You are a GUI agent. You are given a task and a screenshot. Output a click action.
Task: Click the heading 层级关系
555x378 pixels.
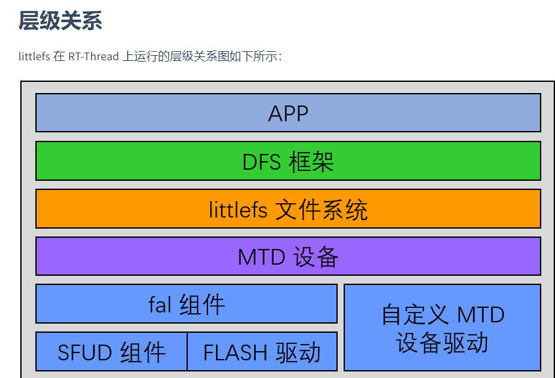pyautogui.click(x=60, y=20)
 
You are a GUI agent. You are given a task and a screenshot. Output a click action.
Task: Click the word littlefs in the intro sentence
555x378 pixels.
pyautogui.click(x=34, y=56)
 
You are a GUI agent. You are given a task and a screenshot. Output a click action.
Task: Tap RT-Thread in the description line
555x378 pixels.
pyautogui.click(x=94, y=56)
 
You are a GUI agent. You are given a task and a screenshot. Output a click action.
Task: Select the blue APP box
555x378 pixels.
pyautogui.click(x=288, y=113)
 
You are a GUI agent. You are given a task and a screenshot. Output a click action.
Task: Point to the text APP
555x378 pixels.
pyautogui.click(x=288, y=114)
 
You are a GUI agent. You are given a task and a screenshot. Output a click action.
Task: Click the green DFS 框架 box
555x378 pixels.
pyautogui.click(x=288, y=161)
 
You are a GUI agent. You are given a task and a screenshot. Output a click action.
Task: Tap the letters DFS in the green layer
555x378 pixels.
pyautogui.click(x=261, y=162)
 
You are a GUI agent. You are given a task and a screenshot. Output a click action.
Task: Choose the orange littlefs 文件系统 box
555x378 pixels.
pyautogui.click(x=288, y=209)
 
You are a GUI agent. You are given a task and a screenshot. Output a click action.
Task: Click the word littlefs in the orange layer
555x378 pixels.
pyautogui.click(x=238, y=210)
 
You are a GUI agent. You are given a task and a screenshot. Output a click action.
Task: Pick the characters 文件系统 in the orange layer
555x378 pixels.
pyautogui.click(x=321, y=210)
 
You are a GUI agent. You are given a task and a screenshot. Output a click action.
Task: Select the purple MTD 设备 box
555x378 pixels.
pyautogui.click(x=288, y=256)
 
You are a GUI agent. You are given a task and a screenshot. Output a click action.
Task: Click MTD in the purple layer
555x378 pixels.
pyautogui.click(x=262, y=257)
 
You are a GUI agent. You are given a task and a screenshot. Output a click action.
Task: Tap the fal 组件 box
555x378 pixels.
pyautogui.click(x=186, y=303)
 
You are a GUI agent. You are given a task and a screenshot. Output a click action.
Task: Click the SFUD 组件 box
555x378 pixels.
pyautogui.click(x=111, y=351)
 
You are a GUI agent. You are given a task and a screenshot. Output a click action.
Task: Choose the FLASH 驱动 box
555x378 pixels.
pyautogui.click(x=262, y=351)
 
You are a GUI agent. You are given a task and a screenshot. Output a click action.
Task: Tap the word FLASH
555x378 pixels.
pyautogui.click(x=235, y=353)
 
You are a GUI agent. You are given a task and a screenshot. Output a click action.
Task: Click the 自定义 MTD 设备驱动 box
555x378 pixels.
pyautogui.click(x=442, y=328)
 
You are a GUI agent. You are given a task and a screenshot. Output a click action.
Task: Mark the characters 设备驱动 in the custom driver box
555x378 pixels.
pyautogui.click(x=442, y=343)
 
